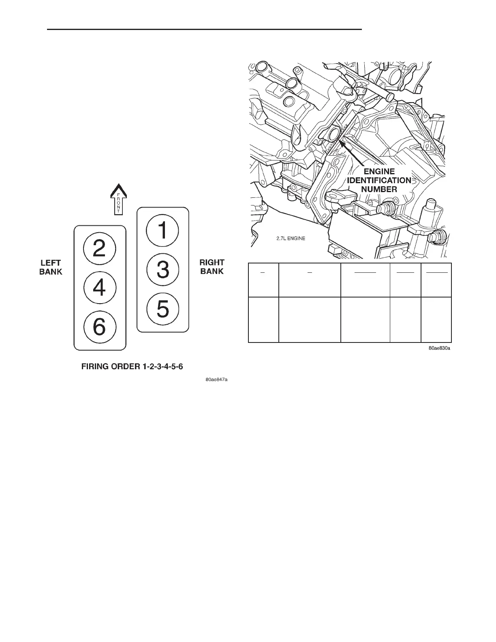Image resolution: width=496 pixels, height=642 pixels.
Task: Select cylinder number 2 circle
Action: click(100, 248)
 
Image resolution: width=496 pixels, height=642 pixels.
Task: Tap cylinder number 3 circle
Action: click(162, 270)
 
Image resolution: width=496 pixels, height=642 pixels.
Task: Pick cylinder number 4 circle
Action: click(100, 287)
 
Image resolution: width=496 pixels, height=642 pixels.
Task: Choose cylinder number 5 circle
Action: click(162, 309)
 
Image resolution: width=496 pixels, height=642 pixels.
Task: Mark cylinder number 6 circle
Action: click(100, 327)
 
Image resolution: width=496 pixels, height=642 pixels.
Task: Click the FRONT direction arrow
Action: click(118, 199)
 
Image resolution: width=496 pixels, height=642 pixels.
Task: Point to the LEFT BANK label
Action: click(51, 267)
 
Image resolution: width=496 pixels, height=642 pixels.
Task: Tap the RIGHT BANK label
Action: click(212, 267)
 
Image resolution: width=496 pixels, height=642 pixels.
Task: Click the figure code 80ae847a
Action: click(216, 380)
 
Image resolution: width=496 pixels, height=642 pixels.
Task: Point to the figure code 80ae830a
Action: click(440, 348)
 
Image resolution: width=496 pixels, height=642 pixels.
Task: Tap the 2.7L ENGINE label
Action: click(288, 238)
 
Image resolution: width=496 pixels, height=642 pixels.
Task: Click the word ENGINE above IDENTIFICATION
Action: click(379, 171)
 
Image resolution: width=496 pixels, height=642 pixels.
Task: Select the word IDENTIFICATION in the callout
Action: click(379, 180)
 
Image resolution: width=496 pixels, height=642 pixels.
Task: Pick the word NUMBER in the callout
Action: click(379, 189)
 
